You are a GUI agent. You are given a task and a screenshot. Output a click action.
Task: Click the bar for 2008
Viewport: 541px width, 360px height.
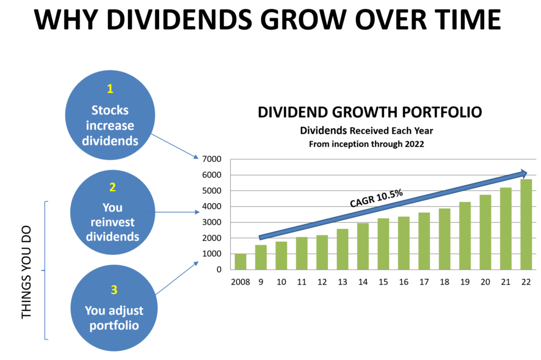[240, 261]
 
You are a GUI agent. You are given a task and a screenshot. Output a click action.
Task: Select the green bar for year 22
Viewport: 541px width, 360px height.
[526, 224]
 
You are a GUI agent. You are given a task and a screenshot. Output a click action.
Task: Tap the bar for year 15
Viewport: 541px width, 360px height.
[384, 244]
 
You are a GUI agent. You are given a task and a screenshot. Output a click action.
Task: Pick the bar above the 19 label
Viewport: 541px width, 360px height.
[465, 235]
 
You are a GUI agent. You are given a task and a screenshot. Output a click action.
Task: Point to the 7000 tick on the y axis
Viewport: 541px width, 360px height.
[212, 159]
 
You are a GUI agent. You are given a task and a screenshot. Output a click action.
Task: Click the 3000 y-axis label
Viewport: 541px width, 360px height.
[212, 222]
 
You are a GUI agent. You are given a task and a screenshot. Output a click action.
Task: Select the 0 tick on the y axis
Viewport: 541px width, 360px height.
[219, 270]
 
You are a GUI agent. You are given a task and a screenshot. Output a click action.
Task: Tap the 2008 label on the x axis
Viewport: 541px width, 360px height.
[240, 282]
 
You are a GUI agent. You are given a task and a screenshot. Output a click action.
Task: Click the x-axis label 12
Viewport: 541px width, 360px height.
[322, 282]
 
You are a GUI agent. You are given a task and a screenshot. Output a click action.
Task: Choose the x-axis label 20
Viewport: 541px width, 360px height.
[485, 282]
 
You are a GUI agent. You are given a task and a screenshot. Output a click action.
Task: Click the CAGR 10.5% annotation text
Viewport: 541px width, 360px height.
[376, 198]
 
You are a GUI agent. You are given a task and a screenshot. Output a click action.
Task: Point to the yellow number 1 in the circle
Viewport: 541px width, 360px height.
[110, 89]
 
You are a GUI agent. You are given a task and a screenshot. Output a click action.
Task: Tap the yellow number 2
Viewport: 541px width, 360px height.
[113, 187]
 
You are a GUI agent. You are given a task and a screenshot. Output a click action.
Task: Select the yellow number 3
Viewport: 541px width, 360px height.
[114, 290]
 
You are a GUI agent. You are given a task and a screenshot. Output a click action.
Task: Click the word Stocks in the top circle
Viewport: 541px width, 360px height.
[110, 110]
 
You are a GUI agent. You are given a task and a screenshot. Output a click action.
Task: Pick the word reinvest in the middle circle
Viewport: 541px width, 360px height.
[113, 222]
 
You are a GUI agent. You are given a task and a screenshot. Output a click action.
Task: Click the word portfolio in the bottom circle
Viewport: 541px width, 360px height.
[114, 326]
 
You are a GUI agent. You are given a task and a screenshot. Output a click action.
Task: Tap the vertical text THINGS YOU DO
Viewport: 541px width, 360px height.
[26, 272]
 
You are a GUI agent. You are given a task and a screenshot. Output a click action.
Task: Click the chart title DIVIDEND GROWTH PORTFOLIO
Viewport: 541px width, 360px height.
[370, 112]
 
